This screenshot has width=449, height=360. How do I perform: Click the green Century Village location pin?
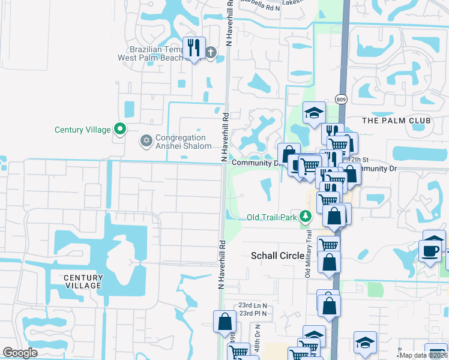[x=120, y=128]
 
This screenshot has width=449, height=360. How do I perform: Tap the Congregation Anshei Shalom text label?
[x=184, y=142]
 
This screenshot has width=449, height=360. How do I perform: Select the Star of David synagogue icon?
[x=145, y=142]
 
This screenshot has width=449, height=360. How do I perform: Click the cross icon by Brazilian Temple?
[x=210, y=52]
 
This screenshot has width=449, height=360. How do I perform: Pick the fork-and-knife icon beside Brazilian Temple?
[x=193, y=47]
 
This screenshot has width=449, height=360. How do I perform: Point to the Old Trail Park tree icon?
[x=306, y=216]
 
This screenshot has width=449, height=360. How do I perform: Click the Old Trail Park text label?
[x=272, y=217]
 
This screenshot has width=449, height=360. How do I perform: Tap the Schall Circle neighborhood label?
[x=277, y=256]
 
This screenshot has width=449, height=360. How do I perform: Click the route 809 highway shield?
[x=342, y=99]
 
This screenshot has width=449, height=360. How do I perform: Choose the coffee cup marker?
[x=430, y=250]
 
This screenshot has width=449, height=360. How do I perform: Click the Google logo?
[x=20, y=353]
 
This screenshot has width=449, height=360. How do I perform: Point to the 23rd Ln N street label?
[x=252, y=305]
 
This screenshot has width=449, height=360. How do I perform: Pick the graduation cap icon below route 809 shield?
[x=313, y=113]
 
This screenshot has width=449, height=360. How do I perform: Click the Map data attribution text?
[x=423, y=355]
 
